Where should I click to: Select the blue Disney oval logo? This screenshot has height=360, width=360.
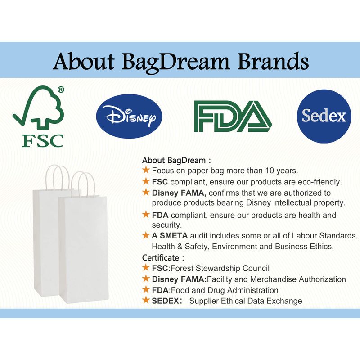(129, 116)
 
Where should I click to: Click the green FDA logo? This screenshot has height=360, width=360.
(233, 117)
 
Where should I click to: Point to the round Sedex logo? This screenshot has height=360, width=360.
(324, 116)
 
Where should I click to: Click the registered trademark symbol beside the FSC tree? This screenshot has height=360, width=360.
(61, 90)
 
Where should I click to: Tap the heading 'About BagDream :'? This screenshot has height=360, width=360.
(176, 160)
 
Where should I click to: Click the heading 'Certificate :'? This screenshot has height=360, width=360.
(163, 257)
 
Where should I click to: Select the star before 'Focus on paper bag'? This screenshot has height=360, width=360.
(146, 170)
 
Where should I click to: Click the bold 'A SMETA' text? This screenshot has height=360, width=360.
(170, 235)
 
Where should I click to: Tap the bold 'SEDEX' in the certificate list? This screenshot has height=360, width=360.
(165, 301)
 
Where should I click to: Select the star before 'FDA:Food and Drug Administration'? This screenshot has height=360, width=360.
(146, 289)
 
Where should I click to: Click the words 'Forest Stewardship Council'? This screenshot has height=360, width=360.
(220, 268)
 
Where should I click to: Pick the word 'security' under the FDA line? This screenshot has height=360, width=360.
(166, 225)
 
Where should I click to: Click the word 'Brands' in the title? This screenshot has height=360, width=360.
(273, 61)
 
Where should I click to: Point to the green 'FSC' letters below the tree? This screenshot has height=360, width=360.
(43, 140)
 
